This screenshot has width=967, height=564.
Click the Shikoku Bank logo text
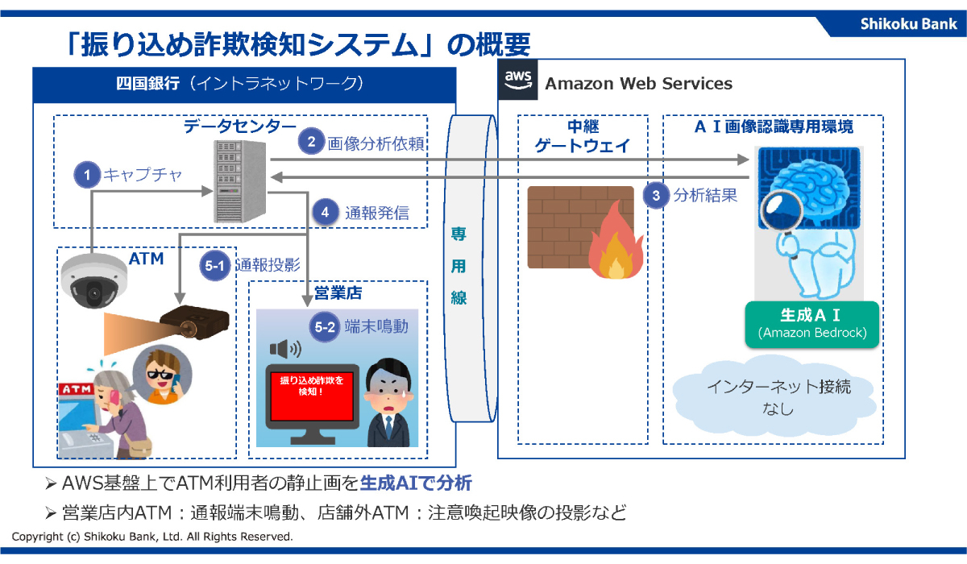point(908,23)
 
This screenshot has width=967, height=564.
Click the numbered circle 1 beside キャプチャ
point(86,174)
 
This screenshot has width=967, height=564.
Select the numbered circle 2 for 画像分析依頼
point(310,142)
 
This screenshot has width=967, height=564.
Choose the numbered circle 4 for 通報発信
point(325,212)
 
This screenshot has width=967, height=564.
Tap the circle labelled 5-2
point(326,327)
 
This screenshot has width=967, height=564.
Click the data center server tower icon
point(240,181)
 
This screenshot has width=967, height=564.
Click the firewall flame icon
point(615,244)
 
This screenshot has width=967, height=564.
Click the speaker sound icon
point(284,350)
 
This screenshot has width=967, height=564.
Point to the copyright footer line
point(152,536)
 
